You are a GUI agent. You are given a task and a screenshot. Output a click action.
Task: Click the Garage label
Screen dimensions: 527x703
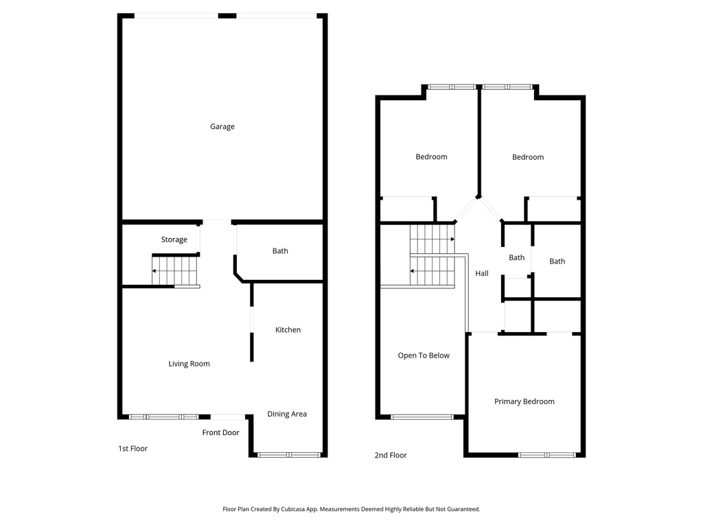click(222, 126)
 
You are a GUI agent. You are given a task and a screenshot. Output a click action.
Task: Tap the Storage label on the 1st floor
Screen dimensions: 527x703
click(174, 239)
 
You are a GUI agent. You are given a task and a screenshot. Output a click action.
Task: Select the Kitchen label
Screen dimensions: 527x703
click(288, 330)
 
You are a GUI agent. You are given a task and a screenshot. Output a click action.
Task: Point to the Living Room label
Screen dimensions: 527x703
click(189, 364)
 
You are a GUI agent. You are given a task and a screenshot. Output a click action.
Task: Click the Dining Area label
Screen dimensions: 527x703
click(287, 414)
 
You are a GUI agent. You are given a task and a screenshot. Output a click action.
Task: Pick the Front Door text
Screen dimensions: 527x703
click(220, 432)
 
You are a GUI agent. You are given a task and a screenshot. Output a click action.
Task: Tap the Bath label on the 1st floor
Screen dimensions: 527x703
click(280, 251)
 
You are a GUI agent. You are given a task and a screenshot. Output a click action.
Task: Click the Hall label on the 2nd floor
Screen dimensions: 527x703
click(482, 274)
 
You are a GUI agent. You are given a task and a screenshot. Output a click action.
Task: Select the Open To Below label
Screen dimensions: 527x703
click(424, 355)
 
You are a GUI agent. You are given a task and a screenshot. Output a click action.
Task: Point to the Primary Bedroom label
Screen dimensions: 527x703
click(525, 401)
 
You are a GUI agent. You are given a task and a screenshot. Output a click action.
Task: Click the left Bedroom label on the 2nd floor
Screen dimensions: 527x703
click(431, 157)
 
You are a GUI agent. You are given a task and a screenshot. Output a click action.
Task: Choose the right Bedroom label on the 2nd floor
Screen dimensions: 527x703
click(528, 157)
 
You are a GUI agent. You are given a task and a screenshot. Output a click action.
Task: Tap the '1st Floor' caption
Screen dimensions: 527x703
click(132, 449)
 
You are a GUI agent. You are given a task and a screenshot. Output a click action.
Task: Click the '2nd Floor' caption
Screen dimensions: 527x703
click(391, 455)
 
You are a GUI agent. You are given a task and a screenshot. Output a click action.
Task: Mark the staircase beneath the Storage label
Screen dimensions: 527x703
click(175, 270)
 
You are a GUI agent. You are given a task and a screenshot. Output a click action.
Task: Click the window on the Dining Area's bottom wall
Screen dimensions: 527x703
click(288, 454)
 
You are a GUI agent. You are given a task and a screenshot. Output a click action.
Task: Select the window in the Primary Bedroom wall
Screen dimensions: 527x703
click(547, 454)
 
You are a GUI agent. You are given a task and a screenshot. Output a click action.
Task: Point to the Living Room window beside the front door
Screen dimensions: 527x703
click(164, 417)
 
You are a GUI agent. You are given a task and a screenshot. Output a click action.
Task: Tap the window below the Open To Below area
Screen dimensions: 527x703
click(422, 417)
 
